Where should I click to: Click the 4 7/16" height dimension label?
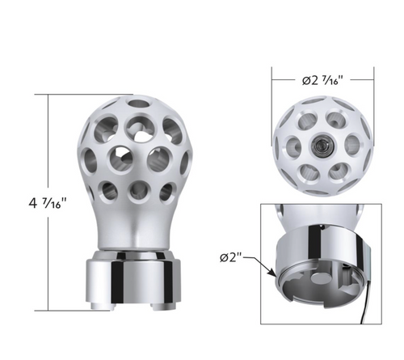click(x=43, y=202)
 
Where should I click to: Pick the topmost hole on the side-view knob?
click(x=138, y=103)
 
